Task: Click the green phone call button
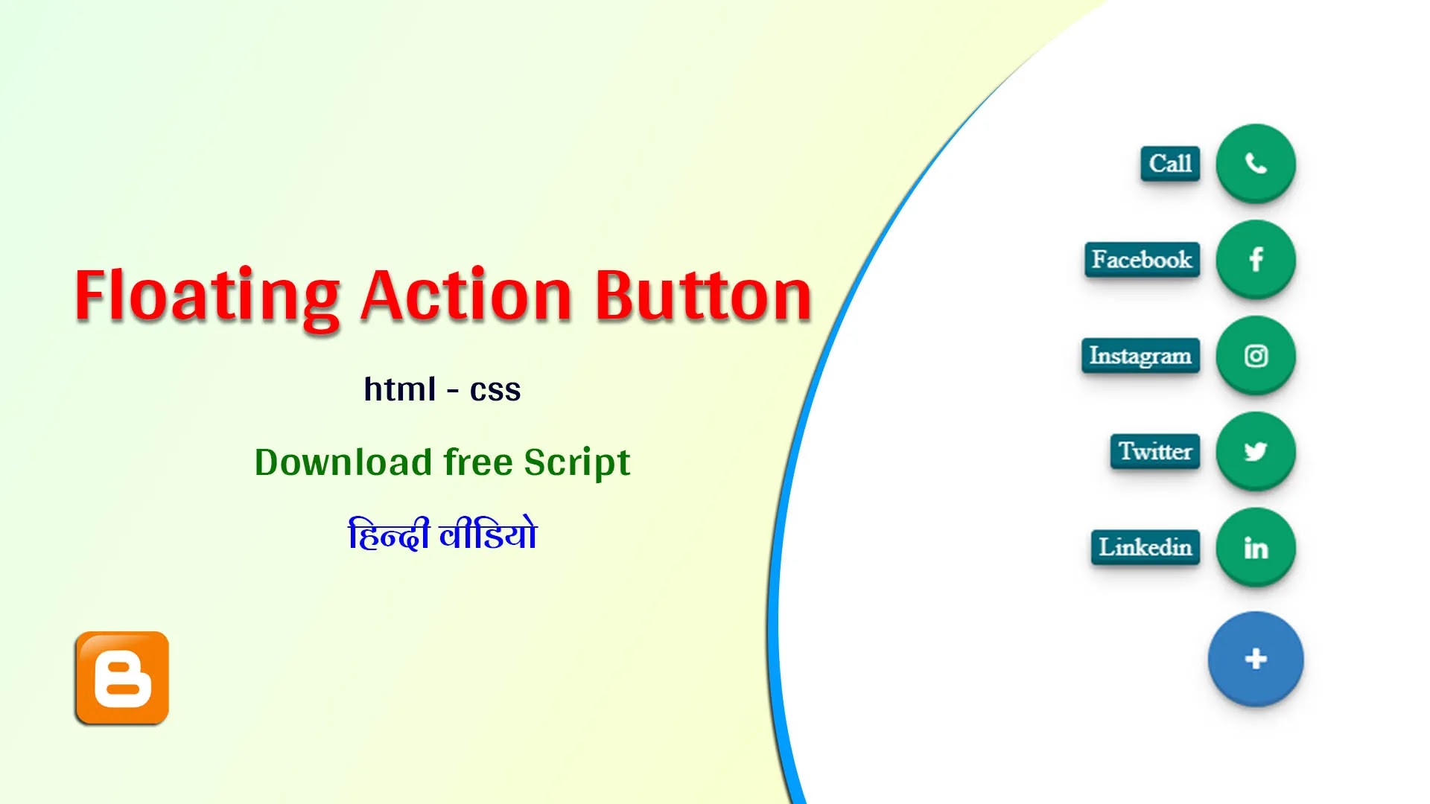[x=1256, y=163]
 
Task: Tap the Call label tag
[x=1170, y=164]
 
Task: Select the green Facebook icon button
[x=1256, y=259]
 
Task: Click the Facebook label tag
[x=1142, y=260]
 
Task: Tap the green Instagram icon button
[x=1256, y=355]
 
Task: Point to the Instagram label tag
[x=1140, y=356]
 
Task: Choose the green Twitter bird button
[x=1256, y=451]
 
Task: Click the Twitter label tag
[x=1155, y=451]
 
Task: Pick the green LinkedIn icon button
[x=1256, y=547]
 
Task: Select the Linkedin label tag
[x=1145, y=547]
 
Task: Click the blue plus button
[x=1256, y=659]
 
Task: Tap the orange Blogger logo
[x=122, y=677]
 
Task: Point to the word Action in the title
[x=466, y=296]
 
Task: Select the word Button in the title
[x=703, y=296]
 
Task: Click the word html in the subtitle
[x=400, y=389]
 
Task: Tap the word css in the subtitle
[x=495, y=392]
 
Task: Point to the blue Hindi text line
[x=442, y=533]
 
